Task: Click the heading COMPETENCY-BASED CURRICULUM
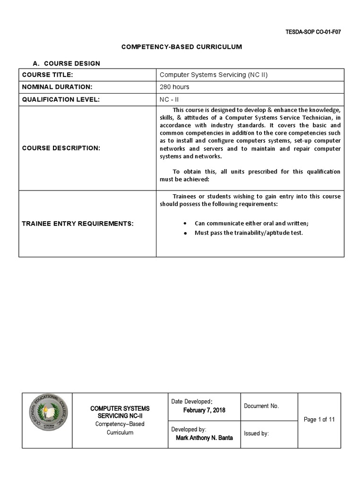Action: pos(182,47)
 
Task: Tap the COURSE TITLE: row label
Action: pos(47,75)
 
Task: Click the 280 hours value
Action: pos(174,87)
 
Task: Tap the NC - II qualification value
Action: pos(169,99)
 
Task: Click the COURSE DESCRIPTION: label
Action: pos(61,148)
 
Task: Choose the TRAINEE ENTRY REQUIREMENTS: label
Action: pos(78,223)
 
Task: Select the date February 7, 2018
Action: pos(204,410)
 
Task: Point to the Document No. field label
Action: pos(261,406)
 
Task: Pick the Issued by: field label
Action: pos(257,433)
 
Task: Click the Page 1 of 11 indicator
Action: pos(319,420)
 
